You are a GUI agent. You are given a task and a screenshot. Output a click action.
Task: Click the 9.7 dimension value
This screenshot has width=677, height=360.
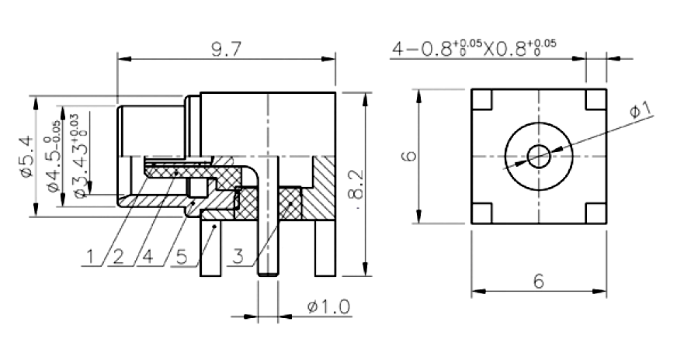pyautogui.click(x=224, y=50)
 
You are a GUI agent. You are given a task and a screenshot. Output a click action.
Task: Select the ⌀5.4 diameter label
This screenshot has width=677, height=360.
pyautogui.click(x=26, y=156)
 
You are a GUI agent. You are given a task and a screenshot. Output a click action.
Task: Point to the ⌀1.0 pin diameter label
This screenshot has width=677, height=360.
pyautogui.click(x=328, y=307)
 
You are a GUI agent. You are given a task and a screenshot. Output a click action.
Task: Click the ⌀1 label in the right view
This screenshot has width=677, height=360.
pyautogui.click(x=641, y=112)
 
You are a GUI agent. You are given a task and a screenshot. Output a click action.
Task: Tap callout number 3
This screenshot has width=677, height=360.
pyautogui.click(x=238, y=256)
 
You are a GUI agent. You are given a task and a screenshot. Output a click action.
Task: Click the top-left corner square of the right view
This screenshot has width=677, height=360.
pyautogui.click(x=481, y=99)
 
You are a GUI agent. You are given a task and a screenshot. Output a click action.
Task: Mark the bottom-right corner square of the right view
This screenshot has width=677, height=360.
pyautogui.click(x=596, y=213)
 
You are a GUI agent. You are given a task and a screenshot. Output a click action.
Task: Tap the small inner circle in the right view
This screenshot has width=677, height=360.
pyautogui.click(x=539, y=156)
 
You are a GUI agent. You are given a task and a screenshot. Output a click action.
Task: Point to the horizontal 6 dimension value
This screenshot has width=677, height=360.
pyautogui.click(x=538, y=282)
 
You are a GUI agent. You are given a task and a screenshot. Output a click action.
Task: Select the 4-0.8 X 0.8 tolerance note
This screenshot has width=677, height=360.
pyautogui.click(x=474, y=48)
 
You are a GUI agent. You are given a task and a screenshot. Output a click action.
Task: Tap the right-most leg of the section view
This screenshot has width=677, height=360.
pyautogui.click(x=325, y=248)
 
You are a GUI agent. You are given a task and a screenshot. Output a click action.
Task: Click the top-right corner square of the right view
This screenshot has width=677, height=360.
pyautogui.click(x=596, y=99)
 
